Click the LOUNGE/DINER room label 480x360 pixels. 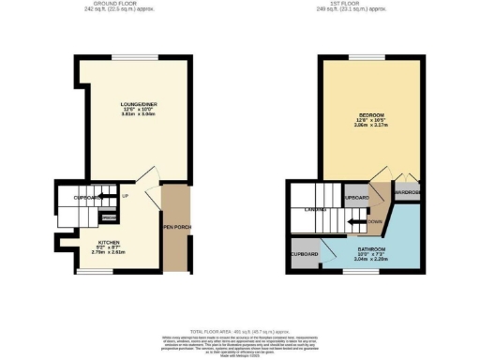coord(123,104)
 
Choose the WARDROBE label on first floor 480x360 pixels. coord(407,192)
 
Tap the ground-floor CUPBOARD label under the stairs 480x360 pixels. coord(88,198)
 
